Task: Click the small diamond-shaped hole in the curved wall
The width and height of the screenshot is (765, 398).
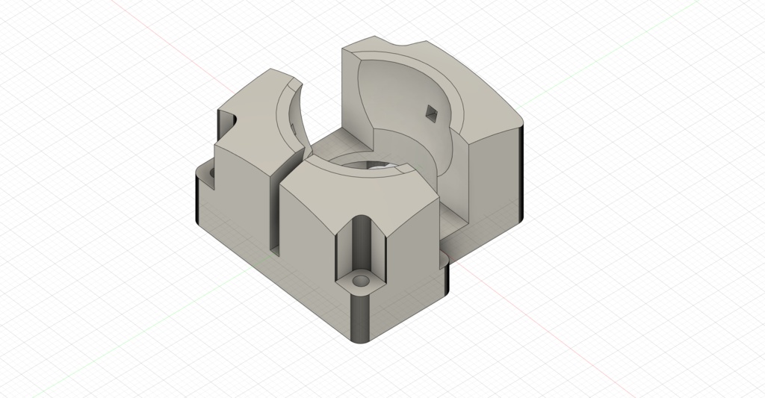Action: [431, 113]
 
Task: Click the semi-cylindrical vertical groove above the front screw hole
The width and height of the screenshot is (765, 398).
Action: [361, 243]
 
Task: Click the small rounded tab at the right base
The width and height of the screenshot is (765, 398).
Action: [447, 273]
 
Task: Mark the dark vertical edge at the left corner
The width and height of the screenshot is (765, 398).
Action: [196, 202]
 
